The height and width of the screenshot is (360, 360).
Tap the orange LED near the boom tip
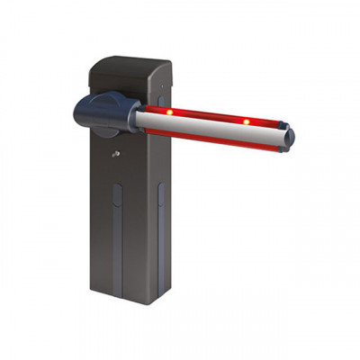(246, 121)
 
